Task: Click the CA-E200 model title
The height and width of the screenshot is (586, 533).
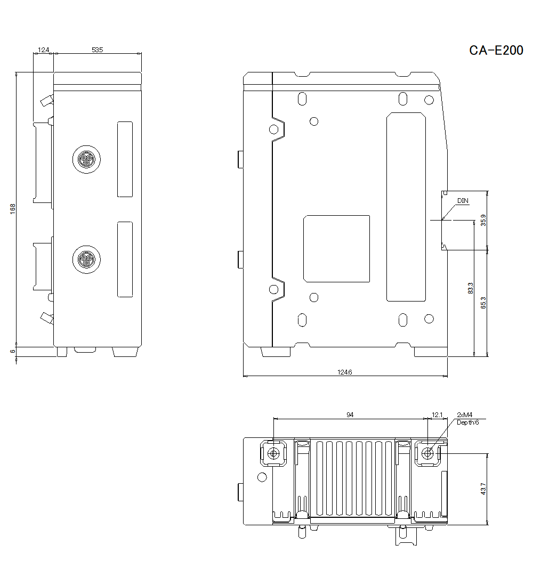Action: click(x=496, y=51)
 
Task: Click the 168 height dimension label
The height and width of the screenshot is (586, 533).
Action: click(x=13, y=209)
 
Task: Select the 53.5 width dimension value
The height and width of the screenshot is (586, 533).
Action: click(x=97, y=50)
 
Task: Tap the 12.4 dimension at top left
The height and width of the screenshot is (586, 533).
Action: click(x=43, y=50)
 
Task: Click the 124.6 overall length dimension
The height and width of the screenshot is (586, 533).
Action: click(x=345, y=372)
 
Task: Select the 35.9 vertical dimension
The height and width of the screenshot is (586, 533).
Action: click(x=483, y=219)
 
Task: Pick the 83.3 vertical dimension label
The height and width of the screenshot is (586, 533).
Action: click(x=470, y=288)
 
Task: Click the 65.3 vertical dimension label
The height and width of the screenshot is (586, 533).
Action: click(x=483, y=303)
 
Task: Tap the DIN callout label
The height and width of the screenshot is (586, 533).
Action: click(x=463, y=201)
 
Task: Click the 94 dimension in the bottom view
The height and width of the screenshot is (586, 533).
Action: click(x=350, y=414)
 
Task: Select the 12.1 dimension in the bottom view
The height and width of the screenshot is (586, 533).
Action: click(x=437, y=414)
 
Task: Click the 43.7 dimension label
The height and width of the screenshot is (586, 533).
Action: click(x=483, y=489)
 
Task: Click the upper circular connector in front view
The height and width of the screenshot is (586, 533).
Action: click(x=86, y=159)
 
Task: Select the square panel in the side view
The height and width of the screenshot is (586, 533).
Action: click(x=336, y=248)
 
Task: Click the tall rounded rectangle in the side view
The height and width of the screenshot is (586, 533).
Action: click(x=406, y=207)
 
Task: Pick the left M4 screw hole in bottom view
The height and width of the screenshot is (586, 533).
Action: click(x=273, y=453)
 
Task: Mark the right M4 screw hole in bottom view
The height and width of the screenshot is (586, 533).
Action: click(x=427, y=453)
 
